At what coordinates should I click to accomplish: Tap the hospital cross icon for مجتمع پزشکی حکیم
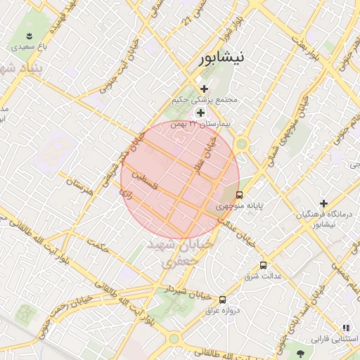204,89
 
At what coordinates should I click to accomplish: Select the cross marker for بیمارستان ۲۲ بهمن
200,113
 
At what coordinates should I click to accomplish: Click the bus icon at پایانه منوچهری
239,195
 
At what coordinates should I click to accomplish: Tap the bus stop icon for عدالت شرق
263,265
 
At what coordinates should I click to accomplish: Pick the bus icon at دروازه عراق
223,299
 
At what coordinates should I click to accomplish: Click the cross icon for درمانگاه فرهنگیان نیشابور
323,203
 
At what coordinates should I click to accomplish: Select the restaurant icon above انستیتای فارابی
345,328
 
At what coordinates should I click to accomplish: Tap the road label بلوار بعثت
305,49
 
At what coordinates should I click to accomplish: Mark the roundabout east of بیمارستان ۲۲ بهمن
243,145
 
